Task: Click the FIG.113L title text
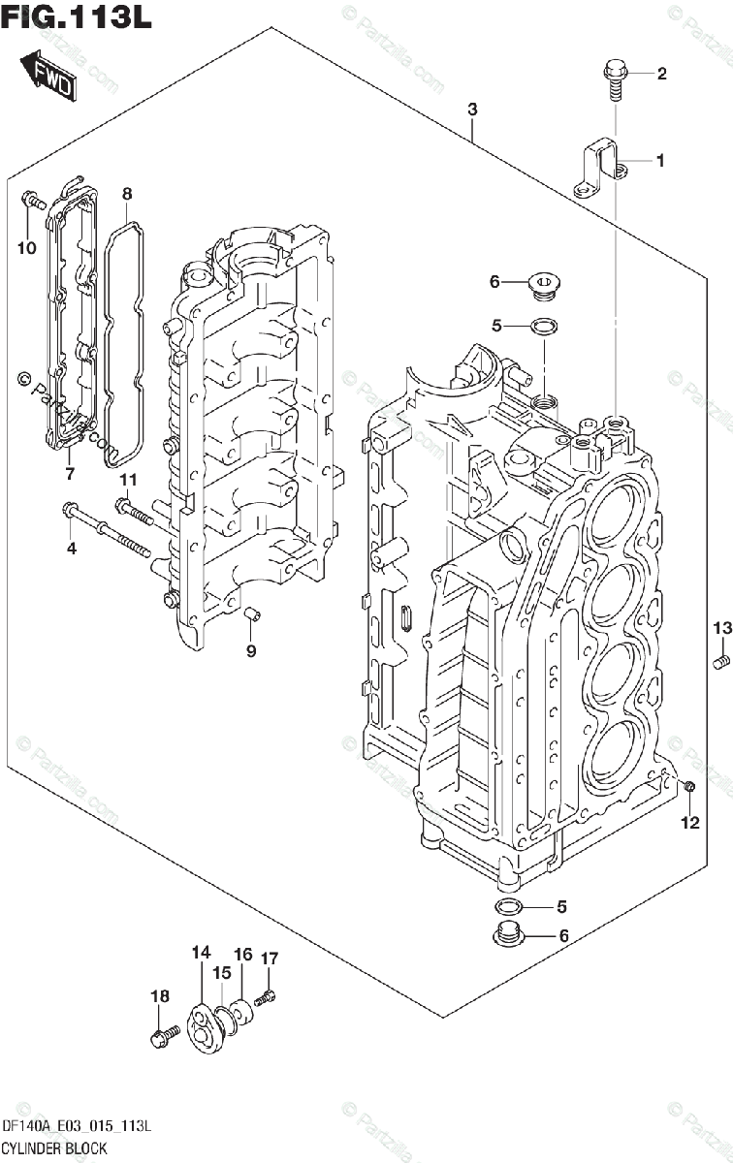pyautogui.click(x=77, y=18)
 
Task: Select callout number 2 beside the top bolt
pyautogui.click(x=662, y=74)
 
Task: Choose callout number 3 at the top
pyautogui.click(x=472, y=110)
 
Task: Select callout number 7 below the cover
pyautogui.click(x=70, y=473)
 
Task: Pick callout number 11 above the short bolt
pyautogui.click(x=129, y=481)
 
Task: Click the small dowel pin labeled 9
pyautogui.click(x=251, y=613)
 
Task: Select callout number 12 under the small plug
pyautogui.click(x=689, y=824)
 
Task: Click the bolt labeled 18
pyautogui.click(x=161, y=1038)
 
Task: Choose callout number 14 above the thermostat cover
pyautogui.click(x=201, y=954)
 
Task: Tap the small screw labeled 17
pyautogui.click(x=269, y=993)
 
